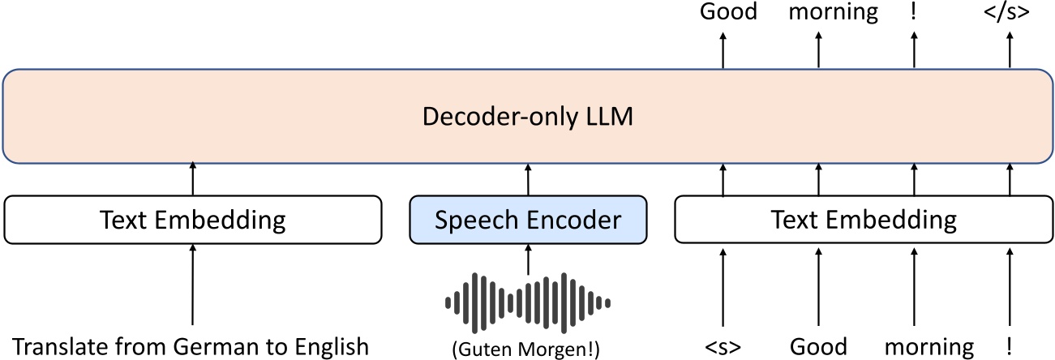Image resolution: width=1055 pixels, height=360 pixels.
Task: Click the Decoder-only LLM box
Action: pos(527,116)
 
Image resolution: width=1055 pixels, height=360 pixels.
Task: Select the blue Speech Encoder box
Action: pos(528,220)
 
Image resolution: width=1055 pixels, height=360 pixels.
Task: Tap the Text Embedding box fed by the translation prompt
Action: pos(192,220)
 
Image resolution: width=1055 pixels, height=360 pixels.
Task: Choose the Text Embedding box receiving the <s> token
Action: pos(864,220)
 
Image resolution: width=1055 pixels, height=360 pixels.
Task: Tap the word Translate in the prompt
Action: pos(54,347)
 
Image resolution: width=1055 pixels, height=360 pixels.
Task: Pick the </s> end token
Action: pos(1010,12)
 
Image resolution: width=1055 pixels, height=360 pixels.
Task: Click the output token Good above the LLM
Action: pos(728,12)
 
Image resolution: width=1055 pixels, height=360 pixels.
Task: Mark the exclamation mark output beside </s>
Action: pos(914,12)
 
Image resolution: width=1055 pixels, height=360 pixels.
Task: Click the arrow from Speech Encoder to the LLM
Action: pos(528,179)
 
